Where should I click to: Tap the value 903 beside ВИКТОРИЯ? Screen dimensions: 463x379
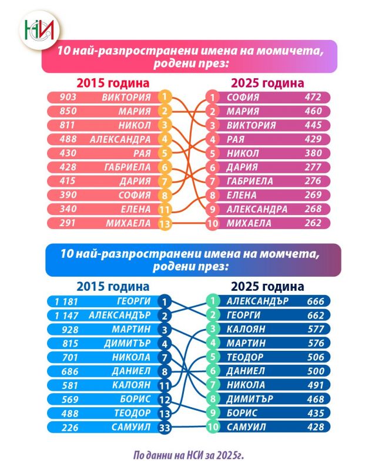61,97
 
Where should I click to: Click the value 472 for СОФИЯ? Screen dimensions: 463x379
311,97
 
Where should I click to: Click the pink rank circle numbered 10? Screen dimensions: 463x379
212,223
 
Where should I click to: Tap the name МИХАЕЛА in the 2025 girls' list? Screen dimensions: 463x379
249,223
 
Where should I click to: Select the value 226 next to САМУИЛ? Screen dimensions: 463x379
61,427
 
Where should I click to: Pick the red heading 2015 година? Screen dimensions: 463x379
112,82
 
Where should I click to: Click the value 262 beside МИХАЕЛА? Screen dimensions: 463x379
311,223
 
